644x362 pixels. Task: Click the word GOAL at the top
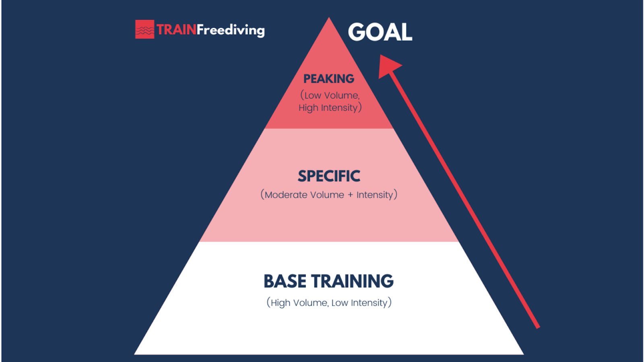(380, 32)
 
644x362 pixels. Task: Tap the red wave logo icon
(144, 29)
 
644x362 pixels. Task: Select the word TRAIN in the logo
(176, 30)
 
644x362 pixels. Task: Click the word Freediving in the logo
(231, 30)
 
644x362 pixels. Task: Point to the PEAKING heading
(329, 79)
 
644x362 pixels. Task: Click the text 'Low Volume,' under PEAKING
(330, 95)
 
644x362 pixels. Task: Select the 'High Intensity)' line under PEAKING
(330, 108)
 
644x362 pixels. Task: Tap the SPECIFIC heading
(329, 176)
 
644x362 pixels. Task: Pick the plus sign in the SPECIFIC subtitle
(350, 195)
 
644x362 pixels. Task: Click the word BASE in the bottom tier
(285, 281)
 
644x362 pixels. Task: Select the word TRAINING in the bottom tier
(353, 281)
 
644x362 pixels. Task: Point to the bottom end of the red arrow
(538, 327)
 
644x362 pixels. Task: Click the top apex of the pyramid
(329, 17)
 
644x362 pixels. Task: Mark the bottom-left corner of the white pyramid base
(134, 354)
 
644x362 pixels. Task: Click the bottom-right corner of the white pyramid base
(524, 354)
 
